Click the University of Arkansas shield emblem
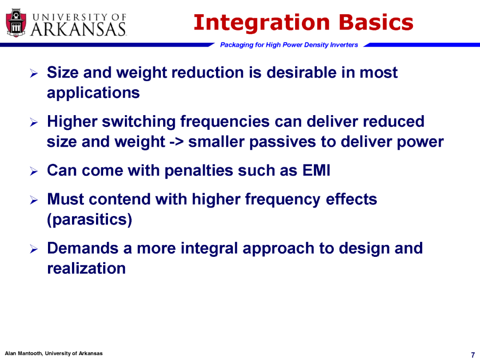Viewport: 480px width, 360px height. [x=16, y=23]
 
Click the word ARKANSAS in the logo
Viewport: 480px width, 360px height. [x=78, y=30]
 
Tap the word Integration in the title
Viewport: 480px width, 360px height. [x=262, y=23]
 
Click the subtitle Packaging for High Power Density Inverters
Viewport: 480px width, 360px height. [x=289, y=45]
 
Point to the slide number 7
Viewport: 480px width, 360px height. [x=473, y=355]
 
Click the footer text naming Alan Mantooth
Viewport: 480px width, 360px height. [x=54, y=353]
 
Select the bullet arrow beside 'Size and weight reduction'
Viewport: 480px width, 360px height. [x=34, y=73]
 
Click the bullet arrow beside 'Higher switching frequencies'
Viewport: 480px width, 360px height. [x=34, y=123]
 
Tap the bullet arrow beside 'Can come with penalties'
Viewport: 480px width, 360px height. [x=34, y=171]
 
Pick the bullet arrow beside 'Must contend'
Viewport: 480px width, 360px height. [x=34, y=200]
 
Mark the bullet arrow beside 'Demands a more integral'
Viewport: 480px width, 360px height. [x=34, y=249]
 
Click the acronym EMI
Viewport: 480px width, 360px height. [x=316, y=170]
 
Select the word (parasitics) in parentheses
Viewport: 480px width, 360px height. [x=89, y=220]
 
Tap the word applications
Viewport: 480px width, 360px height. [x=93, y=93]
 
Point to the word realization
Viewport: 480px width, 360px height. [x=86, y=268]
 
